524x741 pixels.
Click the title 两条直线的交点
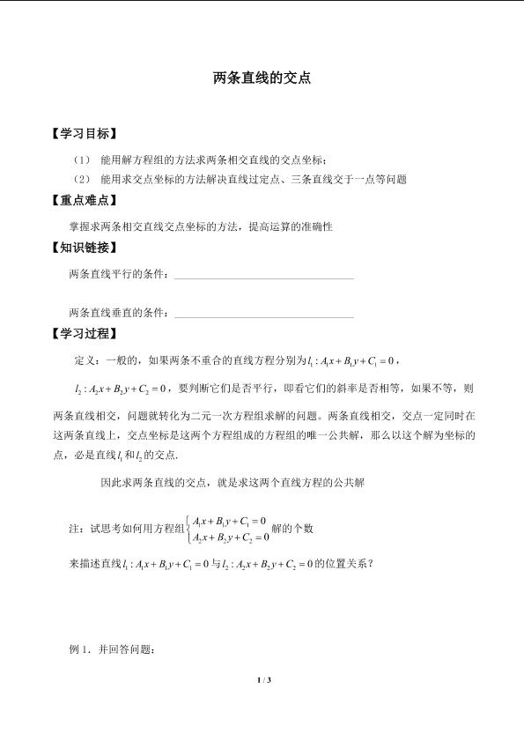pos(262,78)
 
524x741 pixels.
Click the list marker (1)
pos(82,159)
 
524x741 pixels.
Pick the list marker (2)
pos(82,179)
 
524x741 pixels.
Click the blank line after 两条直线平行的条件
pos(264,277)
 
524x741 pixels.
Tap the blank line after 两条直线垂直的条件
pos(264,315)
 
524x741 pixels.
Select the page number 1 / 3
pos(262,680)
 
